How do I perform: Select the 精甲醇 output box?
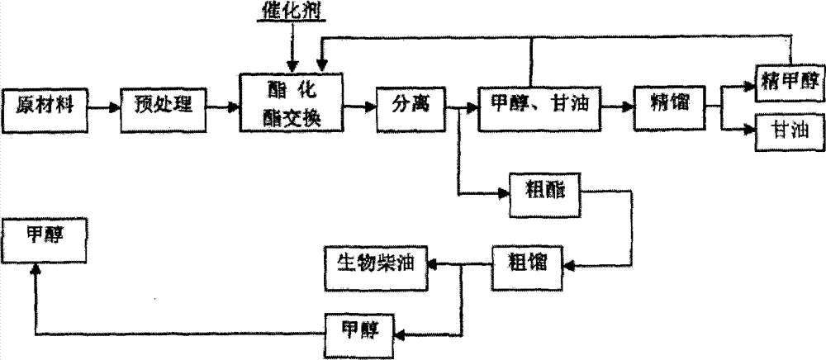pos(789,83)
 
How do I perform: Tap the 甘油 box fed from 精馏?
pos(789,131)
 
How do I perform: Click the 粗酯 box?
pos(544,195)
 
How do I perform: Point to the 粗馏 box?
pos(527,267)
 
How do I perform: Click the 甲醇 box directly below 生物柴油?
pos(360,334)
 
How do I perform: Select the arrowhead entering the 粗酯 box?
pos(504,194)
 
